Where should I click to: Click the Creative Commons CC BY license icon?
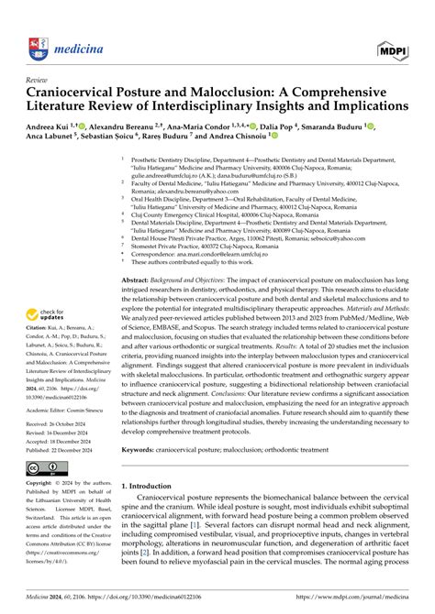tap(48, 468)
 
